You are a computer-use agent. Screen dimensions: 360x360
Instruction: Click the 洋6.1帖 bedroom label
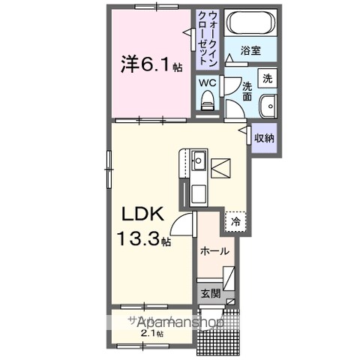click(151, 64)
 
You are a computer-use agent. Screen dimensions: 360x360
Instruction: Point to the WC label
click(207, 83)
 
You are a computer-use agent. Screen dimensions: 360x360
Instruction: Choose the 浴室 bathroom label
click(250, 50)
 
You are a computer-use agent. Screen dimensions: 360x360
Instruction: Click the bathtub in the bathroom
click(252, 23)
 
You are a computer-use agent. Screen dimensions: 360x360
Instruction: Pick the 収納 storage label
click(264, 138)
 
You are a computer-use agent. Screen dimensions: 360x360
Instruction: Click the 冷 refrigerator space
click(236, 222)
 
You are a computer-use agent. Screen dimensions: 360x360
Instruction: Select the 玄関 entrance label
click(208, 293)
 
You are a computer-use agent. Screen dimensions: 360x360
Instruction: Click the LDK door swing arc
click(182, 222)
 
